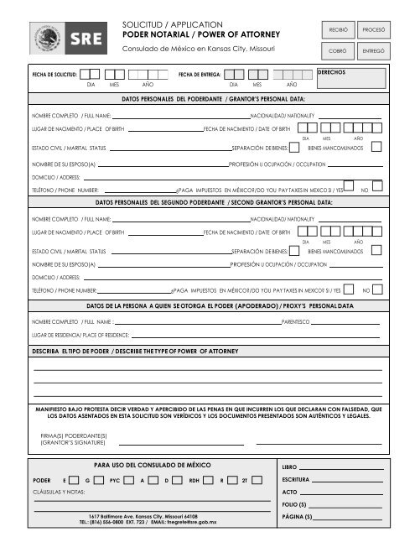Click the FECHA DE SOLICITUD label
(54, 76)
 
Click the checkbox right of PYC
(130, 479)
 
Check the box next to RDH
(209, 479)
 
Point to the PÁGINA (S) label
(298, 516)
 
